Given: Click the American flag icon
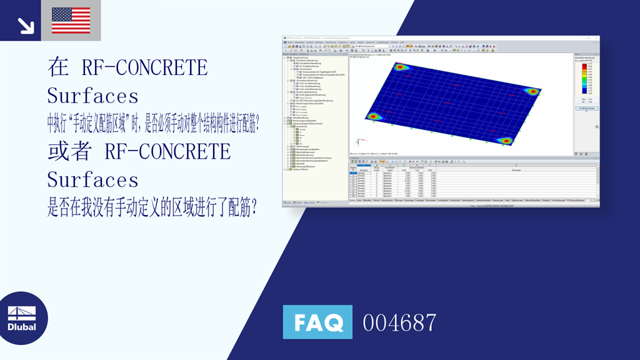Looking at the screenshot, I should click(x=71, y=20).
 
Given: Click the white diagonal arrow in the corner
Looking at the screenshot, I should click(x=26, y=24).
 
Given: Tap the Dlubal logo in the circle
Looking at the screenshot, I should click(x=22, y=318).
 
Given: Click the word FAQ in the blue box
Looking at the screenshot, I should click(x=317, y=322).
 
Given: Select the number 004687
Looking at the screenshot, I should click(x=399, y=323).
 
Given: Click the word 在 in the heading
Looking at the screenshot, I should click(x=58, y=67).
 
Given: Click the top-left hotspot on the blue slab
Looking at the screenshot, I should click(x=399, y=67).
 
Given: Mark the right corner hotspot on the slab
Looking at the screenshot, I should click(x=532, y=91).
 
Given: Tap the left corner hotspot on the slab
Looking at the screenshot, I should click(x=373, y=116).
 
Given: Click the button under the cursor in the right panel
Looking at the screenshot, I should click(x=586, y=108).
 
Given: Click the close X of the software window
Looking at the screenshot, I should click(x=597, y=38).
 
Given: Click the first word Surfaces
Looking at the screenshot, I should click(x=92, y=96).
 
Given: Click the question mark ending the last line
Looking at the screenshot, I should click(x=253, y=209).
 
